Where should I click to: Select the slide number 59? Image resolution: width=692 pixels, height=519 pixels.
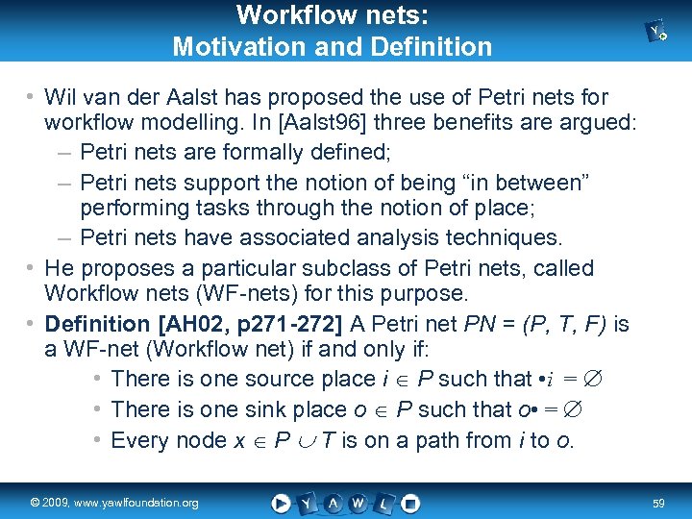tap(659, 503)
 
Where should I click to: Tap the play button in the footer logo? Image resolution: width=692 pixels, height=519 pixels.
tap(281, 503)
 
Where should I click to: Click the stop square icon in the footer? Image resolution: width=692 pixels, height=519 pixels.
tap(411, 503)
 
